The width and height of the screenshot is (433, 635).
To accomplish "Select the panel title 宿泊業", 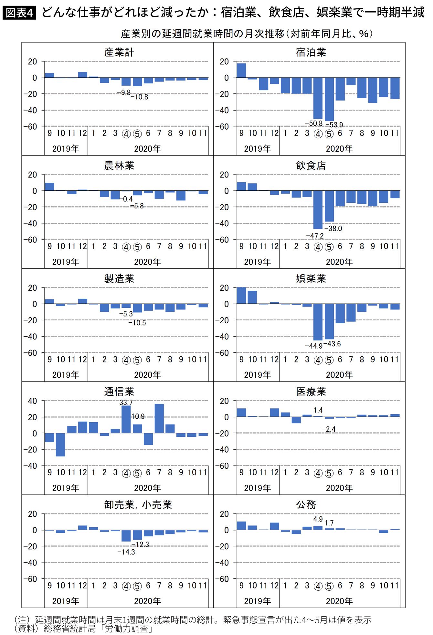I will pos(311,52).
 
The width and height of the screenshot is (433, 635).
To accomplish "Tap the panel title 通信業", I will pos(119,392).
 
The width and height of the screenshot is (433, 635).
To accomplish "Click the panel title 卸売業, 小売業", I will pos(138,505).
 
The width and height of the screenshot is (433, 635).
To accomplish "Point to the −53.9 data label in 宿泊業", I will pos(334,125).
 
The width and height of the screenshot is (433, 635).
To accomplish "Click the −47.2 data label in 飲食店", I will pos(315,236).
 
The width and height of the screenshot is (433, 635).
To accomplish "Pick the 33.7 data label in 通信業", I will pos(126,403).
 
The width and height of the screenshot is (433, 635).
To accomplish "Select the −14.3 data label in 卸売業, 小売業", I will pos(126,552).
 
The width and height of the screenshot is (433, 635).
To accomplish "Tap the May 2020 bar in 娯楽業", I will pos(329,321).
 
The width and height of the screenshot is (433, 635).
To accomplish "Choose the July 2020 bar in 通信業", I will pos(159,418).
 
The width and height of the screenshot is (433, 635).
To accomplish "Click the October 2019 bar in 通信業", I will pos(60,445).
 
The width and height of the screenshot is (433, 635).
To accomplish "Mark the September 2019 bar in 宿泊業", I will pos(241,70).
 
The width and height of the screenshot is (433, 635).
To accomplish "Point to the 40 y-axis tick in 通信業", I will pos(32,401).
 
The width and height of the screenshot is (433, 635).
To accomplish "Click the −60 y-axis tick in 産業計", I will pos(30,127).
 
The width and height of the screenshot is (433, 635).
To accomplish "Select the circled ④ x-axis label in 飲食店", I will pos(318,247).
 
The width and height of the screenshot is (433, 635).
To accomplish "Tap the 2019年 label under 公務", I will pos(257,601).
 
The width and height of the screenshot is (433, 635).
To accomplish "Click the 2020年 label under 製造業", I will pos(147,375).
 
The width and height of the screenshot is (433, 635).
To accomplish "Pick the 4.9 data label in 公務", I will pos(318,519).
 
